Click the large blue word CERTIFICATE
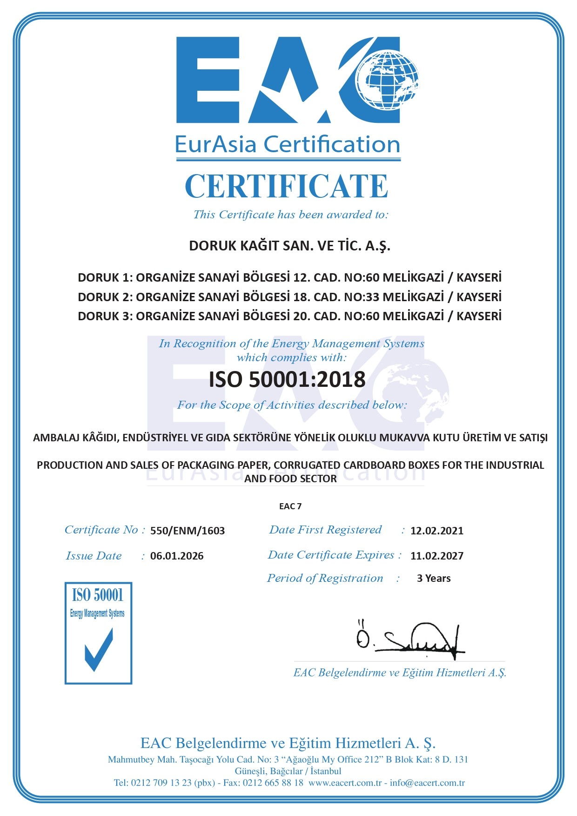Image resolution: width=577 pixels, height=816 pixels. coord(287,186)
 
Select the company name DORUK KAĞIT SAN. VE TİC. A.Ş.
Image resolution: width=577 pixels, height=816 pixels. coord(289,245)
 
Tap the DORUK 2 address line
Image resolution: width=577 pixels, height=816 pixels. coord(289,297)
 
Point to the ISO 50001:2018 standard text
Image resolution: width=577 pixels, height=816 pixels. coord(287,379)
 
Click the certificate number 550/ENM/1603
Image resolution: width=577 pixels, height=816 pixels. coord(188,531)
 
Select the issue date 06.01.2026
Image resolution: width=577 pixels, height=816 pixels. coord(177,556)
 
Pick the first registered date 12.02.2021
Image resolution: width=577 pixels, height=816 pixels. coord(437,531)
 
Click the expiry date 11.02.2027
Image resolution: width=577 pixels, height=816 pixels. coord(437,556)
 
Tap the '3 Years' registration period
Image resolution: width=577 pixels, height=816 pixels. coord(434,579)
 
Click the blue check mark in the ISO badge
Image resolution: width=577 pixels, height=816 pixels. coord(99,649)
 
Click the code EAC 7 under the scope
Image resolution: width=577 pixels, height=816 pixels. coord(290,506)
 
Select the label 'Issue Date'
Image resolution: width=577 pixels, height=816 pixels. coord(94,556)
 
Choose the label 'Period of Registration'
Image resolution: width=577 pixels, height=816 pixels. coord(325,578)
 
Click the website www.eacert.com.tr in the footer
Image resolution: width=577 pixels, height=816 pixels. coord(345,782)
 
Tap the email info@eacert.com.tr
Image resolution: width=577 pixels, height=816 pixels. coord(427,782)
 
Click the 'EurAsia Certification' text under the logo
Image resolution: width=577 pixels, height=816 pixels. coord(288,144)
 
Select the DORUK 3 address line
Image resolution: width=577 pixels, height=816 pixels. coord(289,316)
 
